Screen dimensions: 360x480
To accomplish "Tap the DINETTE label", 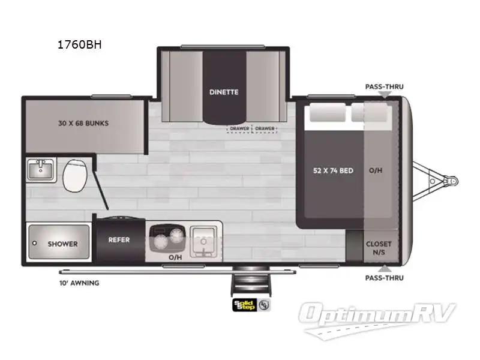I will (224, 92).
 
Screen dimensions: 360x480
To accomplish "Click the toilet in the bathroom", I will (75, 173).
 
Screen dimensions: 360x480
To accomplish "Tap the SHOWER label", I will (62, 244).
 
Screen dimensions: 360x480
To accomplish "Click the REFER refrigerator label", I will (119, 240).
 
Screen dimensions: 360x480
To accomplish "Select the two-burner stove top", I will (167, 240).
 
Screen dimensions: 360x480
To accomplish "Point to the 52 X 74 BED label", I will (333, 170).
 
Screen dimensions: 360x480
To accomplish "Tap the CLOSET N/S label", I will (379, 248).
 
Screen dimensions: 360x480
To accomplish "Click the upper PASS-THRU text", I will (384, 86).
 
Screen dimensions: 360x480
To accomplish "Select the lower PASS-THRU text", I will (384, 278).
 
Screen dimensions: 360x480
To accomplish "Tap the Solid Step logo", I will (244, 305).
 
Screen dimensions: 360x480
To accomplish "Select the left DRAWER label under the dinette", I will (239, 128).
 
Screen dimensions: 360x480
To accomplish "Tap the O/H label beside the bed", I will (376, 170).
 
